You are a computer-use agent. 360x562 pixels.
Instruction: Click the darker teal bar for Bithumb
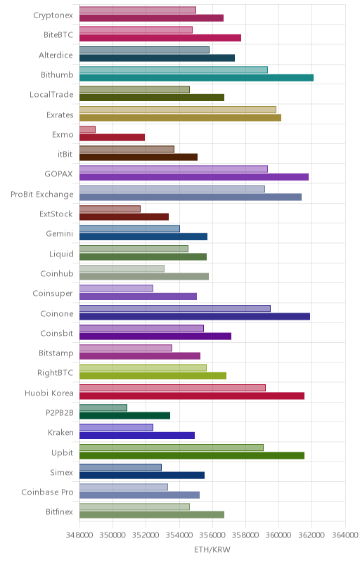(196, 78)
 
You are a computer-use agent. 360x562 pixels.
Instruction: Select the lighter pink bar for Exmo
(87, 129)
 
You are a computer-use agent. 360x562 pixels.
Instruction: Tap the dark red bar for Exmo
(112, 137)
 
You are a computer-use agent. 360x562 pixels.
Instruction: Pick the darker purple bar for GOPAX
(194, 177)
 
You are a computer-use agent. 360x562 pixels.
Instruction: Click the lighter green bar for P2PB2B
(103, 407)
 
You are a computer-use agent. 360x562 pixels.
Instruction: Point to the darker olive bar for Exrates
(181, 117)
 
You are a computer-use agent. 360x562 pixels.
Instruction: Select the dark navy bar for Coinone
(195, 316)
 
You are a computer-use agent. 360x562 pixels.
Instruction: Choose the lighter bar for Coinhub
(122, 268)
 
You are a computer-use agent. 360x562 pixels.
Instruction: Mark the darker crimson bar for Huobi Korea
(192, 396)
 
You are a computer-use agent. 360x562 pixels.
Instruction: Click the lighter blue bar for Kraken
(116, 427)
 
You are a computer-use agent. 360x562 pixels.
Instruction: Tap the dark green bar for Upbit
(192, 455)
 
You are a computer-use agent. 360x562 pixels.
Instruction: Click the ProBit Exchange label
(42, 195)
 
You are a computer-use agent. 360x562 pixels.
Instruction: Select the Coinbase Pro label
(47, 492)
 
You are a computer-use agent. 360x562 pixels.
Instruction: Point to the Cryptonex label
(53, 15)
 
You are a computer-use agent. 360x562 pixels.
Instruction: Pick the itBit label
(65, 154)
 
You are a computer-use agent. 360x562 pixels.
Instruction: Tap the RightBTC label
(56, 373)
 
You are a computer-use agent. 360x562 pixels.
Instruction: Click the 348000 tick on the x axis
(79, 535)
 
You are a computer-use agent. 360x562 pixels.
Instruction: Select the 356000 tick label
(212, 535)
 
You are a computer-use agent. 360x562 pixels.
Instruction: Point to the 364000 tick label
(345, 535)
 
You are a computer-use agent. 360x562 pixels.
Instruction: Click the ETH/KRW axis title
(212, 549)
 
